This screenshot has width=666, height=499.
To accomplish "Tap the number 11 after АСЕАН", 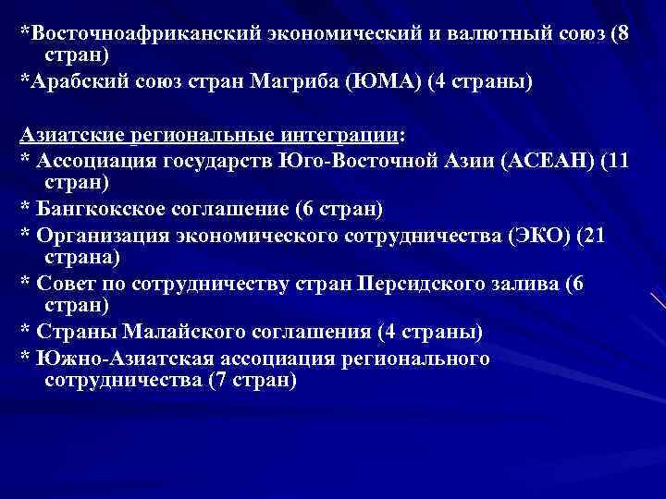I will pyautogui.click(x=617, y=160).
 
